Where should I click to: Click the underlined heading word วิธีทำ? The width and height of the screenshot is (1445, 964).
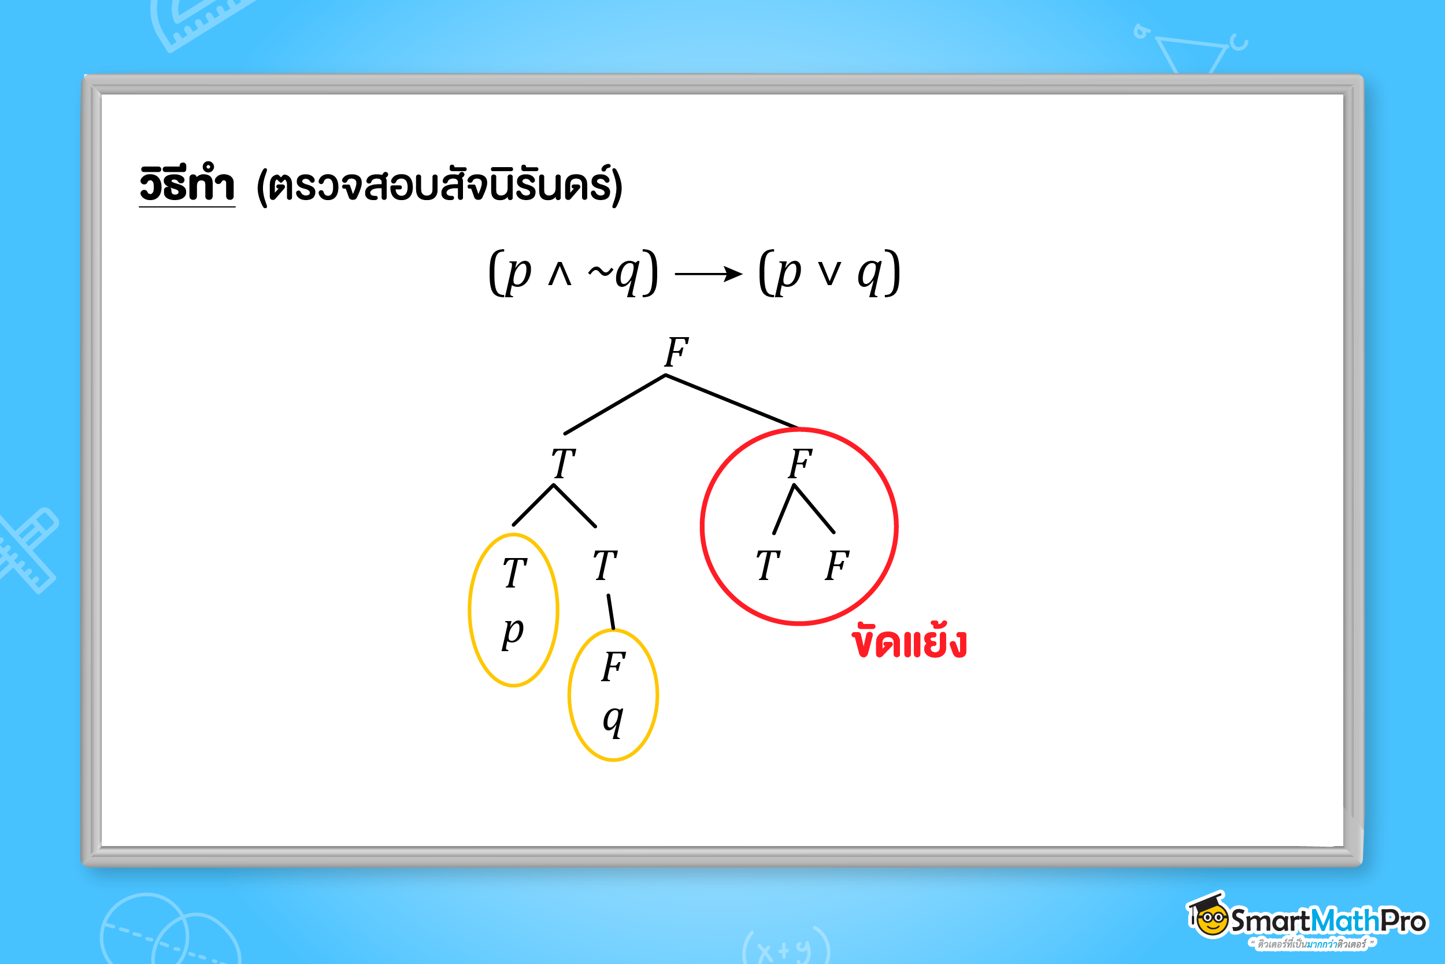pos(187,184)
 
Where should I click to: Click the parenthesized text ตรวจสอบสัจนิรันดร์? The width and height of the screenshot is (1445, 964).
pos(439,186)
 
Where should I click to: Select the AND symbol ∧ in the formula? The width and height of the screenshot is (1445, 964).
pos(560,274)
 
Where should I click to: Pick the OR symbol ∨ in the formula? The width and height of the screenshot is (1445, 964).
pos(829,274)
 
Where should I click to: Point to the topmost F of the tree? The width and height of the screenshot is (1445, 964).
pos(676,352)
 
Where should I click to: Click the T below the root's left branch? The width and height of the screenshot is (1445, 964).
pos(563,464)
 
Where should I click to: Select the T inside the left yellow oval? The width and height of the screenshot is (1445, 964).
pos(515,573)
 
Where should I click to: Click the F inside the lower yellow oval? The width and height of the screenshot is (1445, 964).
pos(613,667)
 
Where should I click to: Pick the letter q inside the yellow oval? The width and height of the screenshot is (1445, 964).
pos(613,719)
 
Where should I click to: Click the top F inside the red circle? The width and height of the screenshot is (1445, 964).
pos(801,464)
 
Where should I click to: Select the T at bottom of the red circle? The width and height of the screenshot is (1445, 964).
pos(768,566)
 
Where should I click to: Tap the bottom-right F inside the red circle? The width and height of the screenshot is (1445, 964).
pos(837,566)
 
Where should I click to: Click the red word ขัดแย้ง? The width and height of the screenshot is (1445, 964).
pos(909,642)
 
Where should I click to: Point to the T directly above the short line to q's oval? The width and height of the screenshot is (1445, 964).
pos(605,566)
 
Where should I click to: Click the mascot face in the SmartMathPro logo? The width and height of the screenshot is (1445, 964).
pos(1212,921)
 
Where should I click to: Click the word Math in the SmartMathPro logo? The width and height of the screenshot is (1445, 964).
pos(1346,921)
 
